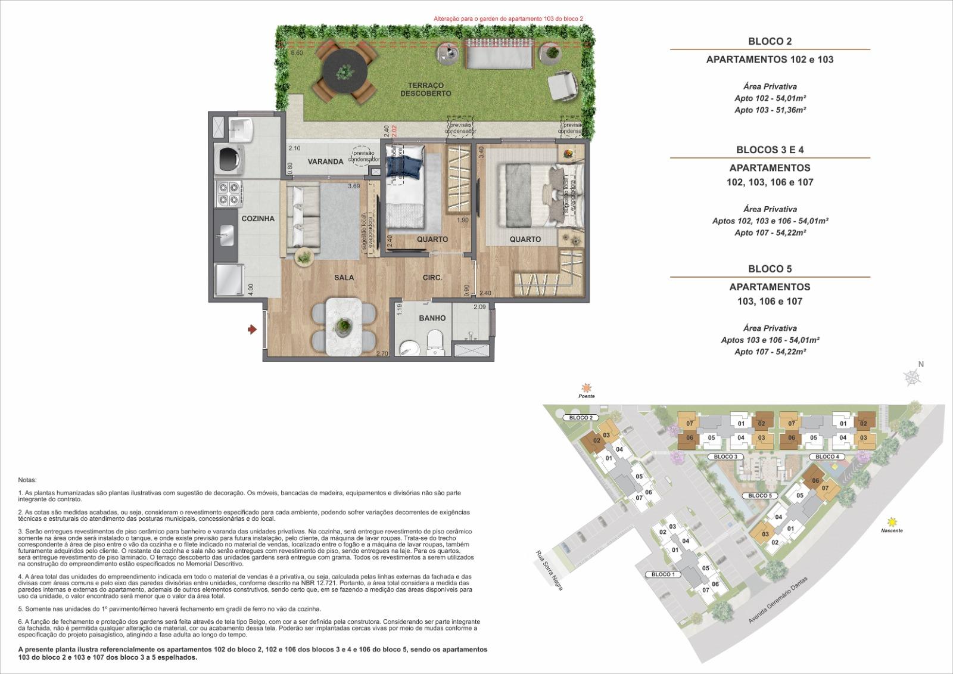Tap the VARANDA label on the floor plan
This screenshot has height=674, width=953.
tap(325, 161)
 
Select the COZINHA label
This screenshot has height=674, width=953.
tap(258, 219)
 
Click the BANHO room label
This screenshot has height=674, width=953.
tap(432, 318)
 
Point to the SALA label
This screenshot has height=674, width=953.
tap(344, 277)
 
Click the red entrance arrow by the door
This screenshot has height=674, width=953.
tap(253, 328)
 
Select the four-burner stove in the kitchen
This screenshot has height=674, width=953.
tap(229, 194)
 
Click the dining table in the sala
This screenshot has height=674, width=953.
tap(344, 325)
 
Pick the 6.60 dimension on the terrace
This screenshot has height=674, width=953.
tap(297, 53)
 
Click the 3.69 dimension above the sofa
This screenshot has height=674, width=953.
tap(354, 187)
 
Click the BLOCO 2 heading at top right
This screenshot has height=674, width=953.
tap(770, 41)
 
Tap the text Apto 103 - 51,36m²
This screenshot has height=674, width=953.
tap(770, 110)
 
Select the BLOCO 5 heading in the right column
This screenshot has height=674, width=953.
tap(770, 269)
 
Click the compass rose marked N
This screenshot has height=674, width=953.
tap(912, 375)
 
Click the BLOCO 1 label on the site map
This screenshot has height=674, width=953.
tap(663, 574)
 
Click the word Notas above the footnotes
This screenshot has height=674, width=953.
tap(27, 480)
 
